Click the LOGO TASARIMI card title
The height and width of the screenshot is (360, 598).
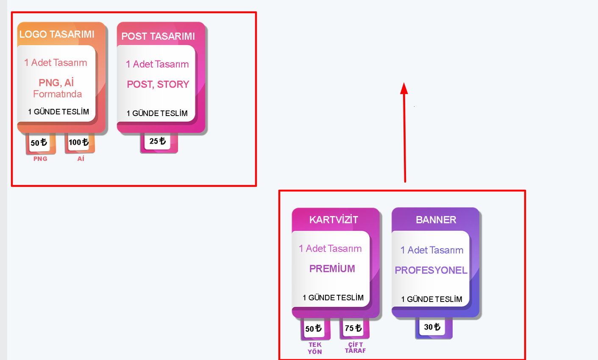click(57, 34)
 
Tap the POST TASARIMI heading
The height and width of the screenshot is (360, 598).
click(158, 36)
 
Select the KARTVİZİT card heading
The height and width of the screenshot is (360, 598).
click(334, 220)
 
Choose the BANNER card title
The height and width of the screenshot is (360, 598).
click(436, 220)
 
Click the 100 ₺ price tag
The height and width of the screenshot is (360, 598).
click(79, 142)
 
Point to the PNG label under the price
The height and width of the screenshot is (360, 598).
click(40, 159)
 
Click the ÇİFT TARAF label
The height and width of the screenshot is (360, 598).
click(355, 348)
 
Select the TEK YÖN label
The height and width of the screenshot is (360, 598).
click(315, 348)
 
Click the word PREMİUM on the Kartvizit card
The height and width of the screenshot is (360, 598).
click(332, 269)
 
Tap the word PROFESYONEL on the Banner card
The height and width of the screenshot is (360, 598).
click(431, 270)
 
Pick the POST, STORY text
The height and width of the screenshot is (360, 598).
click(158, 84)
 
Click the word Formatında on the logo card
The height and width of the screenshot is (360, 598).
click(57, 94)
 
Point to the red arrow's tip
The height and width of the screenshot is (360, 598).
click(404, 83)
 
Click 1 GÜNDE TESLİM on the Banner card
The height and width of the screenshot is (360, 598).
click(432, 299)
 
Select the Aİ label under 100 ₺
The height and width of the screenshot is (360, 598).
click(81, 159)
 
